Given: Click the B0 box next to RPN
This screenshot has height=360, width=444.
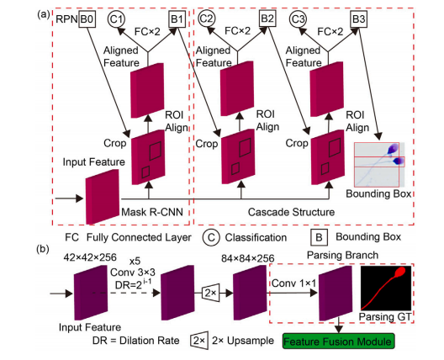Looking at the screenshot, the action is (87, 19).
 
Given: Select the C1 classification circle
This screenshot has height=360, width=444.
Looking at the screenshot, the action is (116, 19).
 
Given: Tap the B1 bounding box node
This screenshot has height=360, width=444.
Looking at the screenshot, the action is (177, 19).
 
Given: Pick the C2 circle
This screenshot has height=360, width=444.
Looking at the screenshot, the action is (206, 19).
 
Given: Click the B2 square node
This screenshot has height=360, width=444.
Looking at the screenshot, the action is (267, 19).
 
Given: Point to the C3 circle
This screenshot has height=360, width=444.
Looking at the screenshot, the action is (298, 19).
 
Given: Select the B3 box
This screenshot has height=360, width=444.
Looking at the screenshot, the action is (359, 19).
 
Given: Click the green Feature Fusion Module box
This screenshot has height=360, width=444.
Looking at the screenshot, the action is (338, 341).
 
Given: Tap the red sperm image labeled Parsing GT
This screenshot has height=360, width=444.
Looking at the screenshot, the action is (386, 288).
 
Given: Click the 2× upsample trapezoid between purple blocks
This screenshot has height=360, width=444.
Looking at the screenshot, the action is (211, 293).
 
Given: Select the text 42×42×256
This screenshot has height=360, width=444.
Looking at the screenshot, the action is (90, 257).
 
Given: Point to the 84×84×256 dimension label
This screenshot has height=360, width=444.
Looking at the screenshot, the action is (248, 258).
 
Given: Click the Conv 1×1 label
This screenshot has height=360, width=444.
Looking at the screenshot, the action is (294, 283).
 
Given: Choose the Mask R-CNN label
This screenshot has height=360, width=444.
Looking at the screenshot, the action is (152, 212).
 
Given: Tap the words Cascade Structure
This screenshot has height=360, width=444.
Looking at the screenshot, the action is (291, 212).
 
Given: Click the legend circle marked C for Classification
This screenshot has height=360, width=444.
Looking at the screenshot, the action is (211, 237).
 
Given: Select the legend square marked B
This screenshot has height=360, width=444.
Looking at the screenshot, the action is (320, 237).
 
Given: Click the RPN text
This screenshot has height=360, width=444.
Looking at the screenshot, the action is (66, 19).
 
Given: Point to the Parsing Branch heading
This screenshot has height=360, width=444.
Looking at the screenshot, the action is (342, 255).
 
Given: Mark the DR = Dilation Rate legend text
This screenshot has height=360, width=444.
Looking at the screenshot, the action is (136, 341).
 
